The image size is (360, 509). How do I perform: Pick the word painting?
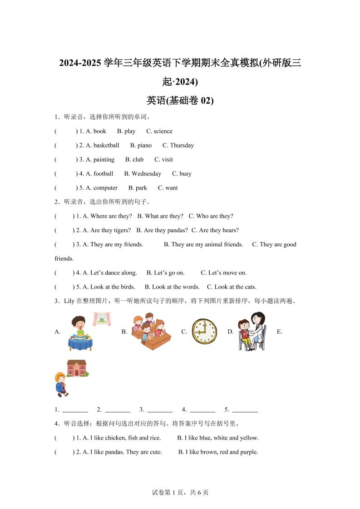coord(104,160)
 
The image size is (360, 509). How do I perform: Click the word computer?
coord(105,188)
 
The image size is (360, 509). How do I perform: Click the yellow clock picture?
coord(204,331)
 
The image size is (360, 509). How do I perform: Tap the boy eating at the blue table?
coord(79,333)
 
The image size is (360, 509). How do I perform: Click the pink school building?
coord(77,368)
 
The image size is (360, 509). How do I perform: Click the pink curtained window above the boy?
coord(102,319)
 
